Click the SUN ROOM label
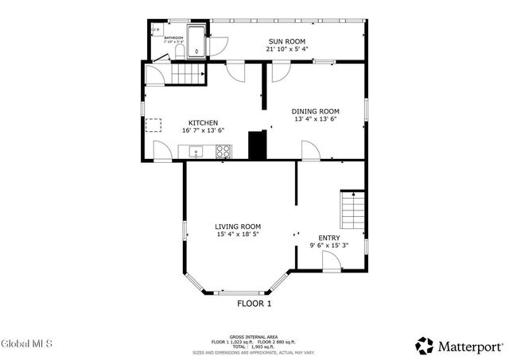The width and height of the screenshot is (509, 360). coord(286,41)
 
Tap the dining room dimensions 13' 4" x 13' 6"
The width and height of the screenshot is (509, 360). coord(316,119)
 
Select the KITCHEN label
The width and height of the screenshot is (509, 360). coord(203,123)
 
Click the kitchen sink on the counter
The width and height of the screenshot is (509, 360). coord(194,152)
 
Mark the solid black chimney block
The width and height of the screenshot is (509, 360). coord(258,145)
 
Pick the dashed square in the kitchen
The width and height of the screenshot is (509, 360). coord(154,124)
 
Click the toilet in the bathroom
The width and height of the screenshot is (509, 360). coord(179,52)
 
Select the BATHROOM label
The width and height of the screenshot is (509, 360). coord(173,37)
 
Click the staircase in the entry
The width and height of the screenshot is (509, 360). coord(352,211)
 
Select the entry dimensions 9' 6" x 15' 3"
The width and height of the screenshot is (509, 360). coord(329,246)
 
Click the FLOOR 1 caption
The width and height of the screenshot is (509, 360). coord(254,303)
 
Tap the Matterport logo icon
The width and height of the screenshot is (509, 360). coord(425,346)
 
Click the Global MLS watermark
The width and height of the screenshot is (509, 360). coord(26,344)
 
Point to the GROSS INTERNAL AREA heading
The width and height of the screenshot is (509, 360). coord(254,336)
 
